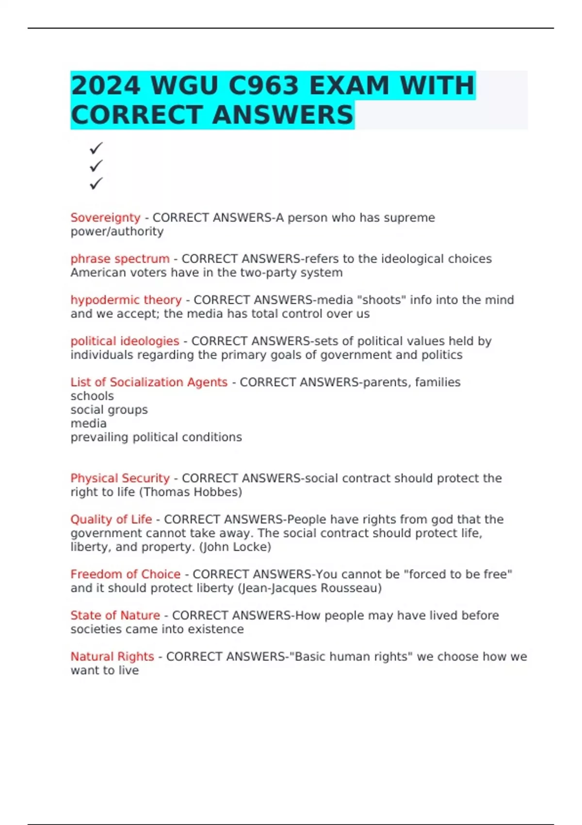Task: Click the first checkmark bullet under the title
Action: coord(96,148)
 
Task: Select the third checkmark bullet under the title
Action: coord(96,183)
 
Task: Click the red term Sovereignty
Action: coord(105,218)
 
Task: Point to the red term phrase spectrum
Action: coord(120,259)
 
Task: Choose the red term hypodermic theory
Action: coord(126,300)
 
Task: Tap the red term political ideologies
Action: coord(125,341)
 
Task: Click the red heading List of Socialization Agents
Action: coord(149,382)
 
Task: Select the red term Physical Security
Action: coord(120,478)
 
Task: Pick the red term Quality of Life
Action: coord(111,519)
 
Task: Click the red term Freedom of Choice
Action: coord(125,574)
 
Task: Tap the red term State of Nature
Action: coord(115,615)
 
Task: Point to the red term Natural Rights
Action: coord(112,657)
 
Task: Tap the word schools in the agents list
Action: coord(92,396)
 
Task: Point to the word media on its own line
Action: coord(88,423)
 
